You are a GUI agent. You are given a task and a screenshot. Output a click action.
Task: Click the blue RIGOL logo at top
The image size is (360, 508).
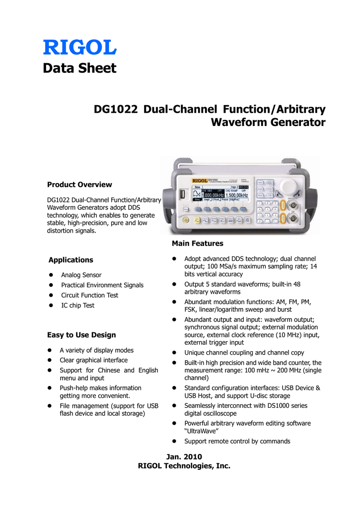coord(79,47)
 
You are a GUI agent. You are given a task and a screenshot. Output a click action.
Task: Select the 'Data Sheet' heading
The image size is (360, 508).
coord(79,68)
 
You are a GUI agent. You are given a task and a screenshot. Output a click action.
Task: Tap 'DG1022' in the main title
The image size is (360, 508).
coord(116,109)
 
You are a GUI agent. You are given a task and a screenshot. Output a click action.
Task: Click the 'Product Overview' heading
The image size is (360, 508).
coord(79,185)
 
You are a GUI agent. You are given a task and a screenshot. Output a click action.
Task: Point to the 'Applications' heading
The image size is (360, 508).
coord(71,260)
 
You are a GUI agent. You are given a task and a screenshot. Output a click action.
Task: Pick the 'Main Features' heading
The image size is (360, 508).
coord(197,244)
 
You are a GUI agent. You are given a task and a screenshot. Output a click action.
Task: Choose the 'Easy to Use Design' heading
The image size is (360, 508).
coord(81,335)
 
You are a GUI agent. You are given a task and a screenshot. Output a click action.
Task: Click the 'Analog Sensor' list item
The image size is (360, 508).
coord(81,275)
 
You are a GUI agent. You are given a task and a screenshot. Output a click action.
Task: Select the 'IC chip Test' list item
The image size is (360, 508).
coord(77,306)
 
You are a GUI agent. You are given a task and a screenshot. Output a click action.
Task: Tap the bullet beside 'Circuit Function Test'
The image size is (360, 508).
coord(51,296)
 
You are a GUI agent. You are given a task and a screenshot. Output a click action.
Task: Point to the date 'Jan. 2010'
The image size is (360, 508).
coord(184,456)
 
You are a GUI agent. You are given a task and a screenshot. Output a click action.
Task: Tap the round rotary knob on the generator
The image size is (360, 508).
coord(286,187)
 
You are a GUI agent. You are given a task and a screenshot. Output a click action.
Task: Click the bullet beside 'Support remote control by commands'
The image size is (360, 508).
coord(174,442)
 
